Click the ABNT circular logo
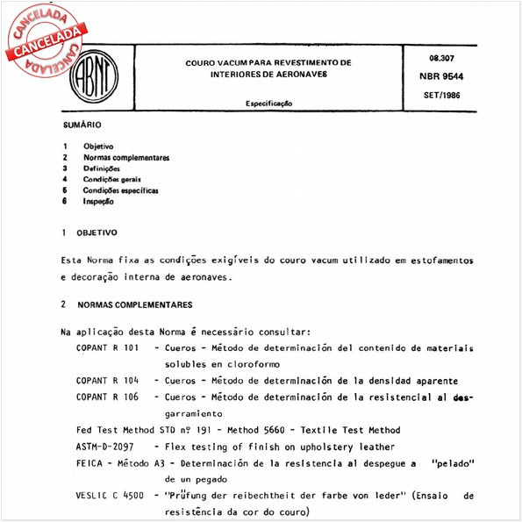(94, 76)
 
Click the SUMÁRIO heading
(81, 126)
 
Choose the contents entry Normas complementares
(125, 157)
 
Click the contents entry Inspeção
(98, 201)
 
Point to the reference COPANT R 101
(108, 348)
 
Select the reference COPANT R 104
(108, 381)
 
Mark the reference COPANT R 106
(108, 397)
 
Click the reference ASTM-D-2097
(111, 447)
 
